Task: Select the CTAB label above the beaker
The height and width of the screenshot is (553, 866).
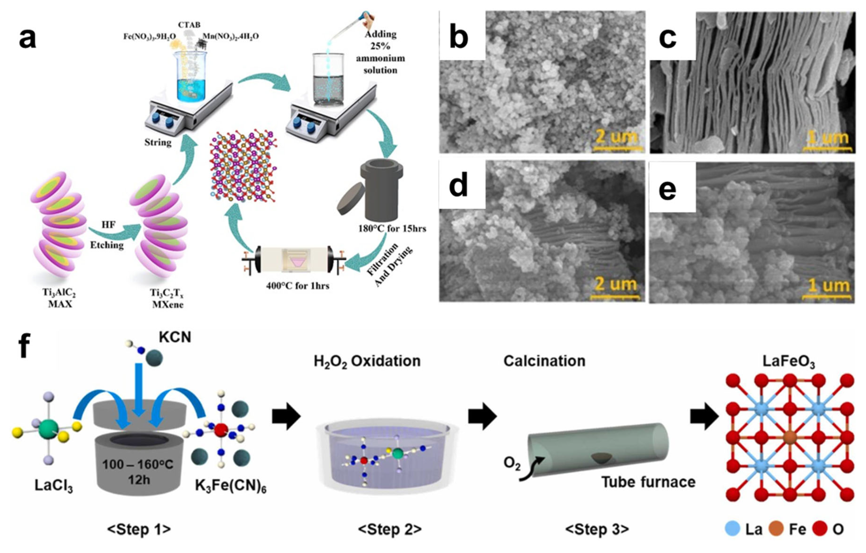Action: pos(189,25)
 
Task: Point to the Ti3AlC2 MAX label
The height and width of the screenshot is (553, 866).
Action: pos(60,298)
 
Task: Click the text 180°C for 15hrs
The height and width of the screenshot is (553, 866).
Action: pos(392,229)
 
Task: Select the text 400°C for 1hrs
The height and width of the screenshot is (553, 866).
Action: pos(297,286)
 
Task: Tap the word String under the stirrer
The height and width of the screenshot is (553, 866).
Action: pos(158,142)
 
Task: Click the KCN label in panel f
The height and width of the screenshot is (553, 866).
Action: pos(175,337)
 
